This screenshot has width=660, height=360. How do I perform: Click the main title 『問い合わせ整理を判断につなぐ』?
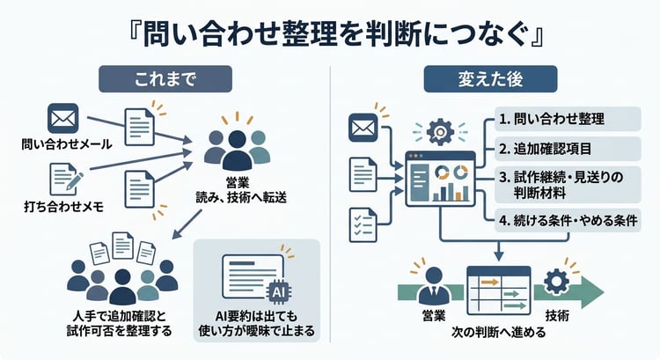click(330, 32)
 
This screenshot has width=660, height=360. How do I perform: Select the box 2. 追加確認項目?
click(558, 149)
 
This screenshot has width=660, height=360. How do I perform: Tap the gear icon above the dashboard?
click(438, 132)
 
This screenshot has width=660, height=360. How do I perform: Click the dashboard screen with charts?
click(439, 179)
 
